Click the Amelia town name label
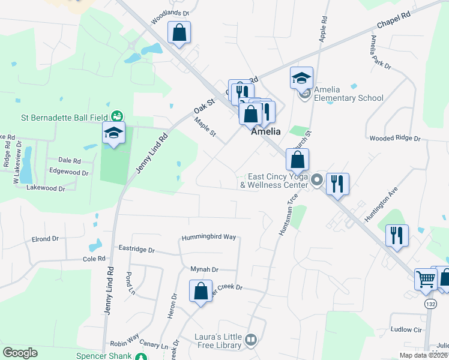266,131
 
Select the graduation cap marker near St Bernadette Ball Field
113,133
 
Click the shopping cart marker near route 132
426,279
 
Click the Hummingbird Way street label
209,237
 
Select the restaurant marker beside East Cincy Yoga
337,183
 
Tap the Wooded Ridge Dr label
395,139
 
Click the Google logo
20,353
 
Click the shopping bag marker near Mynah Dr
201,292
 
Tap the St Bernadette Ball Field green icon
118,116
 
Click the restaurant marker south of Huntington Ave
397,235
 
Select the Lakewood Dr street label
46,188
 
